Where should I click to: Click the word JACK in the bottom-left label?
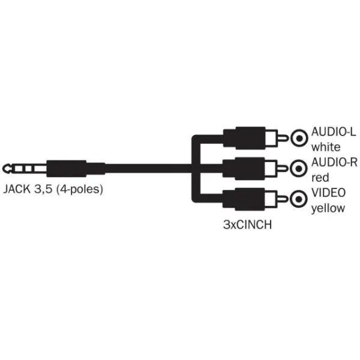17,189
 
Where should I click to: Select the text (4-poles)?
80,190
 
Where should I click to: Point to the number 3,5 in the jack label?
43,190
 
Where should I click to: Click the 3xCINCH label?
247,224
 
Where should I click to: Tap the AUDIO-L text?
334,132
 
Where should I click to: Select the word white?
326,147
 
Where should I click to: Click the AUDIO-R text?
334,163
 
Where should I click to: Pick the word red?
320,178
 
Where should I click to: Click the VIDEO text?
328,193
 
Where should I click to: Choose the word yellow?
328,208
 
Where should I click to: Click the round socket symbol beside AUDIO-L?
299,138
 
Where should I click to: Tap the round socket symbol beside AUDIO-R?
298,169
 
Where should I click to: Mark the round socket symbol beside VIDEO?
298,199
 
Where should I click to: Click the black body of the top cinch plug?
244,138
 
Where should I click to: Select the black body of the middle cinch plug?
244,169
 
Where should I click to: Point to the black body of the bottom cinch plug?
244,199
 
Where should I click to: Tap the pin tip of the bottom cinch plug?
285,199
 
